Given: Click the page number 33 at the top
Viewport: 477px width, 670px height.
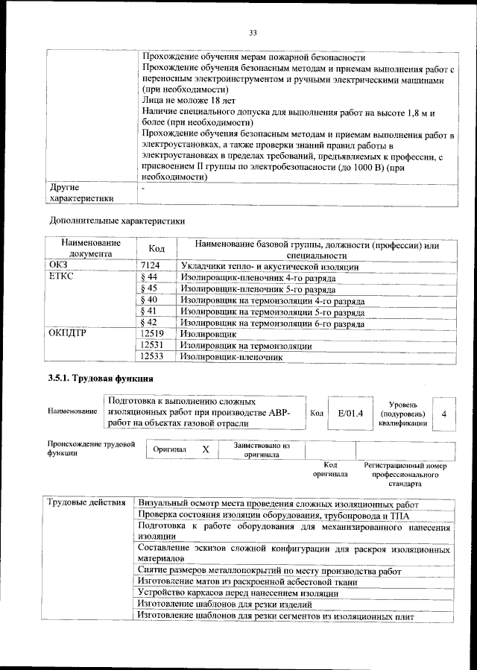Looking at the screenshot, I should [x=253, y=32].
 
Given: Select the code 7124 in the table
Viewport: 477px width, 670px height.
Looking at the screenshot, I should [x=151, y=265].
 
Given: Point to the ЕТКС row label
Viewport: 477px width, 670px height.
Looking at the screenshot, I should [x=62, y=276].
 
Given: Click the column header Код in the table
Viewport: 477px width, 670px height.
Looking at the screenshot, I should [x=157, y=249].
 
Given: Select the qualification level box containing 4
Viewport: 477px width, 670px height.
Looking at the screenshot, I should [x=444, y=412].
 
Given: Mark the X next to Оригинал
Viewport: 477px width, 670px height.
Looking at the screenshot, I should [x=206, y=449].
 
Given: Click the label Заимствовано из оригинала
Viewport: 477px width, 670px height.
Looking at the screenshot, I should [x=261, y=449].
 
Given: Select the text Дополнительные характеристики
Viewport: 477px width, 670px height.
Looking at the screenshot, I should [x=116, y=221].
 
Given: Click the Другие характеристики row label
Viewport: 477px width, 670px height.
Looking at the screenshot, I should [x=80, y=193].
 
